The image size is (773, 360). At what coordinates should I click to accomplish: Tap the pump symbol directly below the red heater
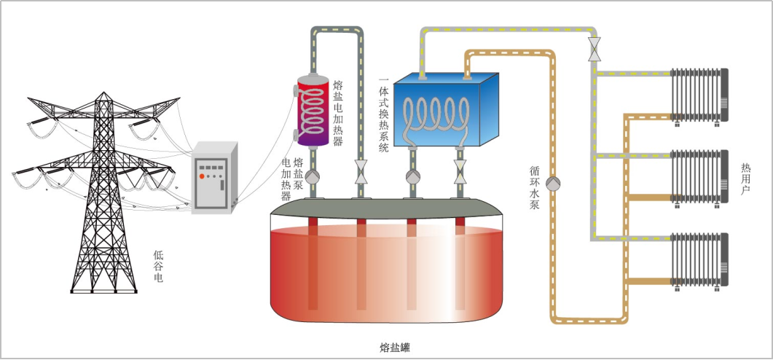coord(313,176)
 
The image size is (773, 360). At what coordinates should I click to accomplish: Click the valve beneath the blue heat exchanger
coord(460,177)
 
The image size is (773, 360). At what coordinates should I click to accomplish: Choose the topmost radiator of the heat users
coord(699,95)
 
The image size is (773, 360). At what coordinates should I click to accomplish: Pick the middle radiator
coord(699,176)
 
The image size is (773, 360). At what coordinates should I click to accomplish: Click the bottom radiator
coord(699,259)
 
